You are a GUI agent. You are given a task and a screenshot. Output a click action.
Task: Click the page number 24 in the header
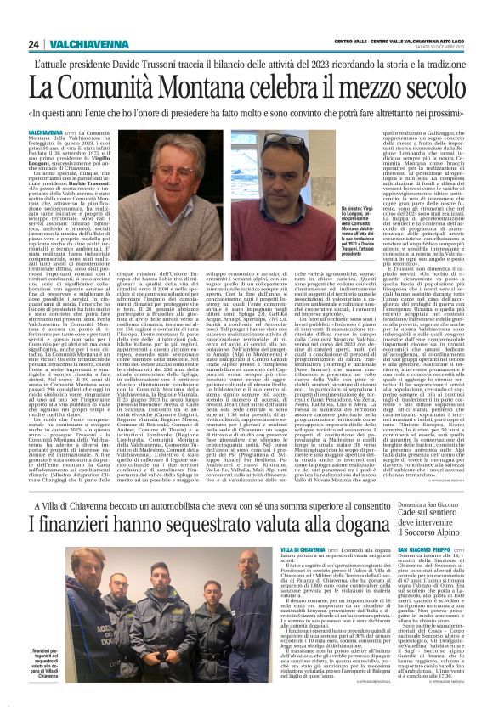(34, 44)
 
